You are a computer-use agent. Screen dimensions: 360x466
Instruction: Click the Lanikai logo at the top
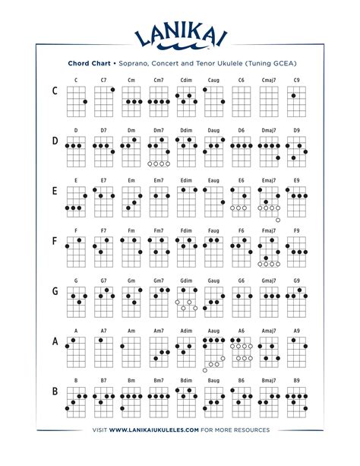[x=180, y=34]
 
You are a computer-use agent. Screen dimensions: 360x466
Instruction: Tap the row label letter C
[x=55, y=92]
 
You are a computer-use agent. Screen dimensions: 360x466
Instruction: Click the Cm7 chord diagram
[x=158, y=97]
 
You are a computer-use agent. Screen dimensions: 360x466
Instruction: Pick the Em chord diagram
[x=131, y=196]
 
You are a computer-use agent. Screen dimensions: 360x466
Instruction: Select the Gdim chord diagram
[x=186, y=298]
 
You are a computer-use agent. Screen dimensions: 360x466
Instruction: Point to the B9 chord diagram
[x=296, y=398]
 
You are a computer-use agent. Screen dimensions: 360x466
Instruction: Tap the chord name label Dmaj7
[x=268, y=130]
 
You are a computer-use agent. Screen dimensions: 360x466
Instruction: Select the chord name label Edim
[x=186, y=180]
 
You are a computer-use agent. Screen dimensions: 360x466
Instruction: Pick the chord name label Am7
[x=158, y=330]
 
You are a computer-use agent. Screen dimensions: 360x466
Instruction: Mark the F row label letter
[x=55, y=242]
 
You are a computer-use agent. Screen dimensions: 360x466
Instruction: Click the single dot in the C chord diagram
[x=84, y=102]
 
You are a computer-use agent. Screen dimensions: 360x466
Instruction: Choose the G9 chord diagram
[x=296, y=298]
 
